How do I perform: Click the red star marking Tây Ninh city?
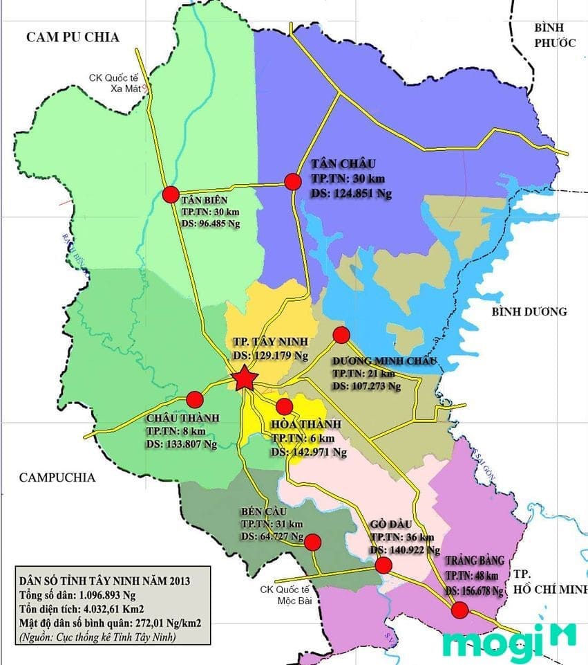point(244,379)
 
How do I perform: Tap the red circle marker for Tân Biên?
point(171,194)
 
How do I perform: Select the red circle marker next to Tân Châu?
point(293,182)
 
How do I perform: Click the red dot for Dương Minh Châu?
point(341,335)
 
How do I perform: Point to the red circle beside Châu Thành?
point(195,399)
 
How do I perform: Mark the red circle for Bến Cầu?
point(313,541)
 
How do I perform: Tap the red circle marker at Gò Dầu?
point(383,565)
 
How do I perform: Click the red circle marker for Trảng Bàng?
point(459,610)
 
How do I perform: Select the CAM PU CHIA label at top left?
point(73,37)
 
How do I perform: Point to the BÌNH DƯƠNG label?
point(529,311)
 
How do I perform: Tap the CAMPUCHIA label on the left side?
point(57,477)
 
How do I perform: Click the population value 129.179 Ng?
point(281,355)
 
